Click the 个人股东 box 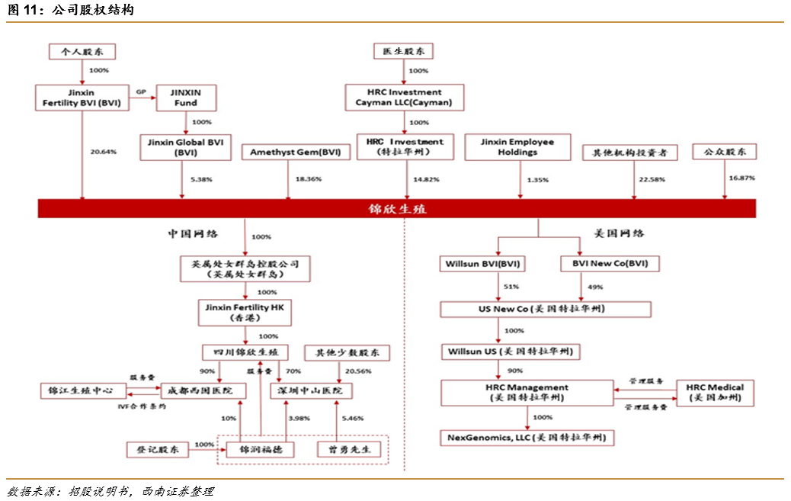click(82, 52)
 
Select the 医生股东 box click(403, 52)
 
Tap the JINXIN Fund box click(186, 97)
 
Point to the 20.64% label click(103, 152)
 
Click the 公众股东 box click(724, 152)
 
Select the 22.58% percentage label click(651, 179)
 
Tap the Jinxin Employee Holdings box click(517, 147)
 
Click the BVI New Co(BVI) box click(610, 265)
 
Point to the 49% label click(596, 287)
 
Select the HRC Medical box click(715, 393)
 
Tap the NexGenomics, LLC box click(527, 438)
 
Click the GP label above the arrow click(140, 92)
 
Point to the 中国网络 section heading click(193, 233)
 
